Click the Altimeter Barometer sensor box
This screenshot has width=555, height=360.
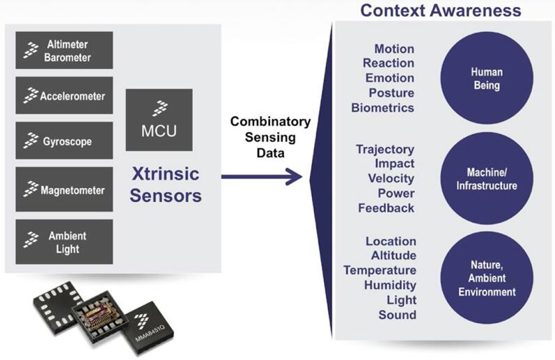(x=64, y=50)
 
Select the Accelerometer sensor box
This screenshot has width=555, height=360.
(x=64, y=95)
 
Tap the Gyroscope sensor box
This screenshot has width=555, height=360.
(x=64, y=141)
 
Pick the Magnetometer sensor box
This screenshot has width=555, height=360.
(x=64, y=189)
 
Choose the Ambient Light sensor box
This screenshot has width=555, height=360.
(x=64, y=242)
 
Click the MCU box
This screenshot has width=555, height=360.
(x=159, y=120)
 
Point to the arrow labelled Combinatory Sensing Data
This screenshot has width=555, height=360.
(x=262, y=176)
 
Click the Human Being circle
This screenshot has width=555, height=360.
(x=486, y=78)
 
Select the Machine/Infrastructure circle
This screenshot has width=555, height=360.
(x=486, y=179)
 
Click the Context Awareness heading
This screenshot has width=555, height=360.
(x=440, y=10)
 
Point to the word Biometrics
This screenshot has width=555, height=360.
(x=383, y=108)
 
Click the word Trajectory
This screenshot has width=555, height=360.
(x=385, y=149)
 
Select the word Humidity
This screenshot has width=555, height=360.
(x=390, y=285)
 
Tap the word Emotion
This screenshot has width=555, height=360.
(x=390, y=78)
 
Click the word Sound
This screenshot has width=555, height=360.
(x=398, y=315)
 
